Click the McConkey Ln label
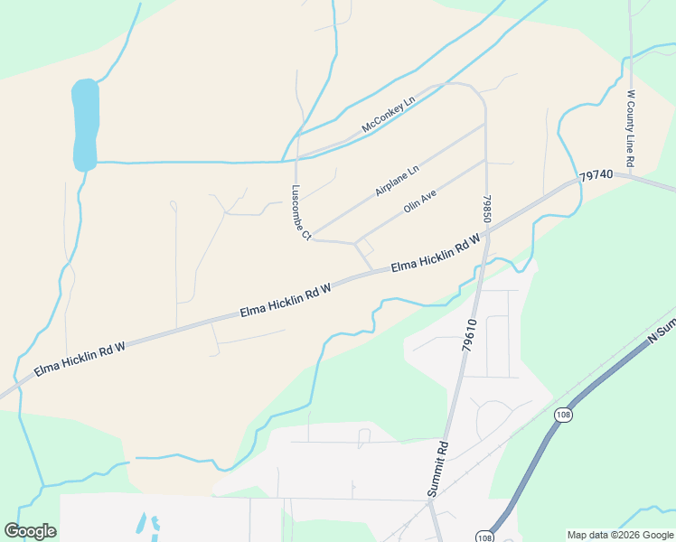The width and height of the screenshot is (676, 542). click(x=387, y=115)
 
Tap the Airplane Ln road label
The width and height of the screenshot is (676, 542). click(x=398, y=182)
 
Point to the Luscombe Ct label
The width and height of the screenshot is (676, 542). click(x=300, y=213)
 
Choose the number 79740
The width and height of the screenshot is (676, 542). click(x=596, y=174)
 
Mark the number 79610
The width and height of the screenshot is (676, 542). click(x=468, y=334)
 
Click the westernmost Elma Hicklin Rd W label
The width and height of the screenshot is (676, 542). click(x=80, y=359)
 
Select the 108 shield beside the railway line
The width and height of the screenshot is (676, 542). click(x=563, y=415)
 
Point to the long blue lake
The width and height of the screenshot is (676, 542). click(x=84, y=125)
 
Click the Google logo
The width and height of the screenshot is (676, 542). click(x=30, y=531)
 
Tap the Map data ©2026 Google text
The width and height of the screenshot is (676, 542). click(x=620, y=535)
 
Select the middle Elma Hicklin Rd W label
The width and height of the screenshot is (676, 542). click(x=286, y=300)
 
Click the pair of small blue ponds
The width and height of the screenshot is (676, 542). click(x=147, y=525)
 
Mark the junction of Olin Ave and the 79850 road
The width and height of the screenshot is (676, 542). click(x=485, y=162)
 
